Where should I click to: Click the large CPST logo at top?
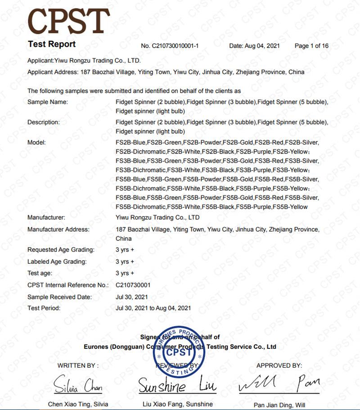(68, 21)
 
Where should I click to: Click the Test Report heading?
(52, 44)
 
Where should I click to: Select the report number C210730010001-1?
(170, 46)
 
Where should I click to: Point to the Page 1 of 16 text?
(311, 46)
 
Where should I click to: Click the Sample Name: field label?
(48, 102)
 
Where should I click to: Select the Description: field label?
(44, 122)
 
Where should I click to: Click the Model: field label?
(37, 143)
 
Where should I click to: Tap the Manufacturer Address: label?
(58, 230)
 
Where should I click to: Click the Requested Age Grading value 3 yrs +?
(125, 250)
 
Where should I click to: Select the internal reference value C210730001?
(133, 285)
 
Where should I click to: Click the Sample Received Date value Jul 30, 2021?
(131, 297)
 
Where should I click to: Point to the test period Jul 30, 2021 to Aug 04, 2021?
(153, 308)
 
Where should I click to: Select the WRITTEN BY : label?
(78, 365)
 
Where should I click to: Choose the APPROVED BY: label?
(279, 365)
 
